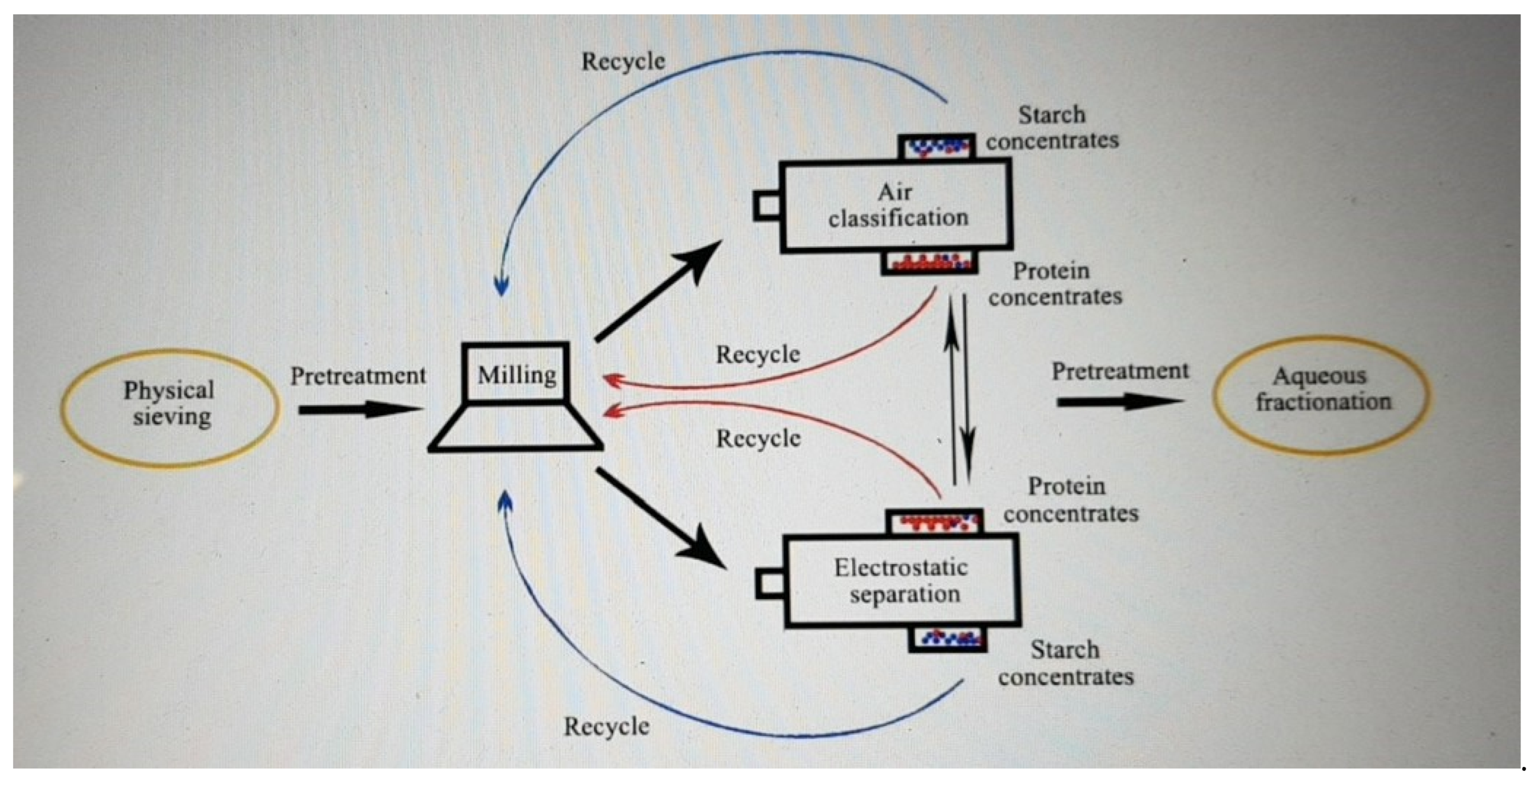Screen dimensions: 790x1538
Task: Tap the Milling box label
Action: tap(516, 375)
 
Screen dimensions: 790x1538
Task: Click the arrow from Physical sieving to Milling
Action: tap(358, 410)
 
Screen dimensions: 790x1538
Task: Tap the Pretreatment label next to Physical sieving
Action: tap(358, 376)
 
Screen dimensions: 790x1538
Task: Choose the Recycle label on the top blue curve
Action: tap(623, 61)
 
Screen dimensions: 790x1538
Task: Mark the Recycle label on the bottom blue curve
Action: tap(607, 727)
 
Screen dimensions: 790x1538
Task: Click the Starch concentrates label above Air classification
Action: tap(1052, 127)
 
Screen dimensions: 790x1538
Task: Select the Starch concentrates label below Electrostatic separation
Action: tap(1066, 663)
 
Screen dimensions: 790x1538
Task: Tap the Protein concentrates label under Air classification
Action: tap(1055, 284)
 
